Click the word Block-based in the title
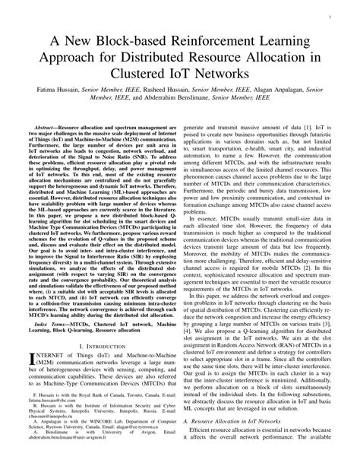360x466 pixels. pyautogui.click(x=112, y=39)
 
